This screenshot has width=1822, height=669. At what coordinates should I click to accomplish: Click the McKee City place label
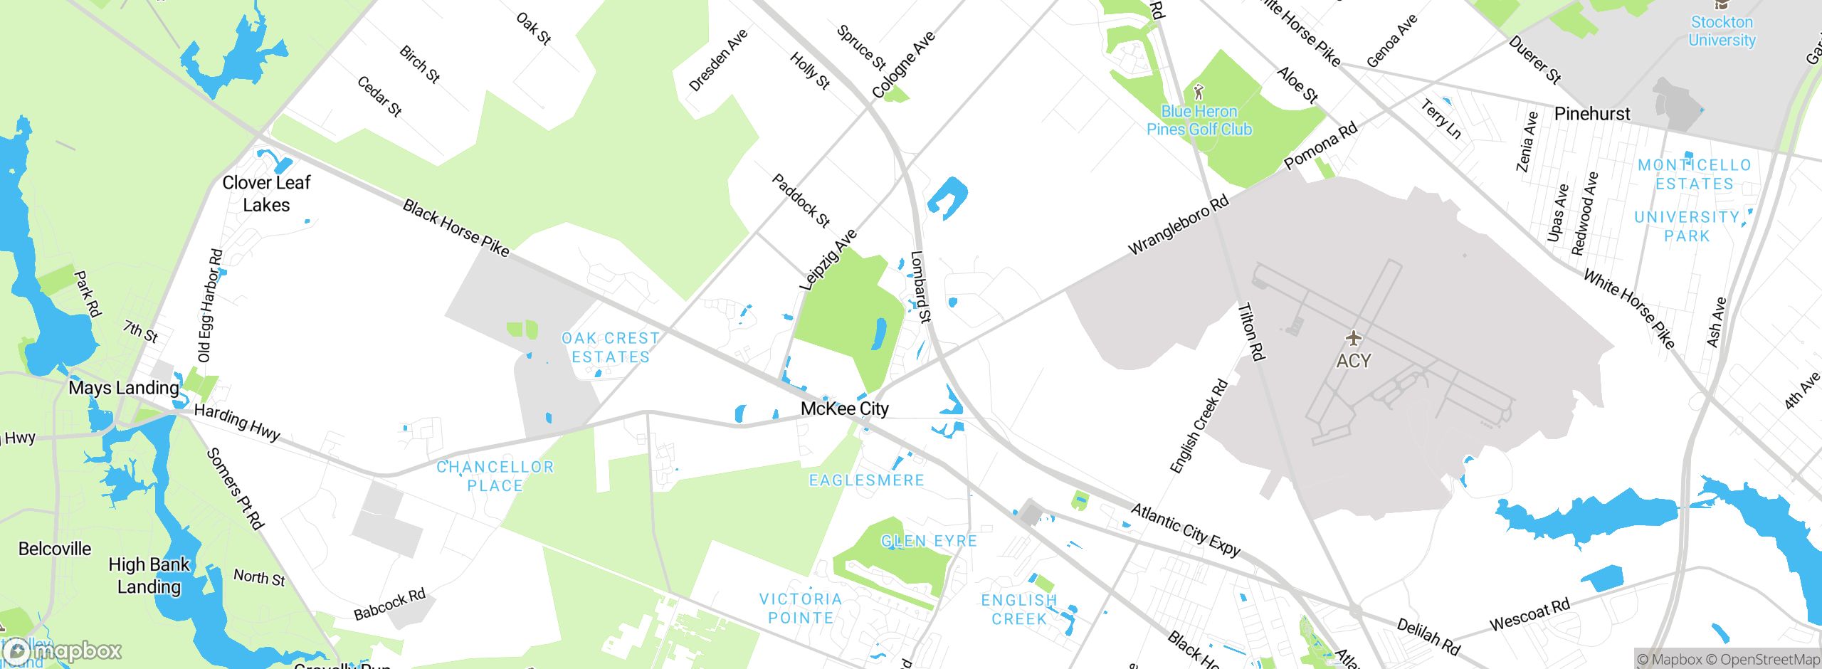845,409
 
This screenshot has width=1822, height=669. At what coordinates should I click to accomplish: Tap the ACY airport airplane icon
1353,338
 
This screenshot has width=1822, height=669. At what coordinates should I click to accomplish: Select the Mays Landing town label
124,388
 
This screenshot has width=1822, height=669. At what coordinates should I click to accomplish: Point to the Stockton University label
1722,31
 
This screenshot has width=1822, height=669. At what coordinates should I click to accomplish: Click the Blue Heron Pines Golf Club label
1199,120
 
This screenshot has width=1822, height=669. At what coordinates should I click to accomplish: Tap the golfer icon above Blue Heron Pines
1199,92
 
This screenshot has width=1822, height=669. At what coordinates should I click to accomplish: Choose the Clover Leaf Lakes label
266,194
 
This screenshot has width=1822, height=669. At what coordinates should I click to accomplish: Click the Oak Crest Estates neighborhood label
611,347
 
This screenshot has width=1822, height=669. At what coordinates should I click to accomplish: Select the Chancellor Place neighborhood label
495,476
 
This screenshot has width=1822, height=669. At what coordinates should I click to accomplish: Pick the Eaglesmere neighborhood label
867,480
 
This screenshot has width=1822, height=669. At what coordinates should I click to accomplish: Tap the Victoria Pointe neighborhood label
801,609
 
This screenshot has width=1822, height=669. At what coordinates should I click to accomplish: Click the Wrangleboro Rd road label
1179,225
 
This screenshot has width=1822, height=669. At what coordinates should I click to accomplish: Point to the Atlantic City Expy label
1186,530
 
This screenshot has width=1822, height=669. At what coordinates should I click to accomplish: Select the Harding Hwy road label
237,421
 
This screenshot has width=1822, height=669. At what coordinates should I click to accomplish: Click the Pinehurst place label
1592,114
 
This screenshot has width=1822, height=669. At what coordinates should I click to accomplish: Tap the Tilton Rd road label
1250,332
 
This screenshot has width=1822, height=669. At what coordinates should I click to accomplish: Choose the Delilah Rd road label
1428,636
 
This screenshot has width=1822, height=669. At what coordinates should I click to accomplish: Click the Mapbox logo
63,650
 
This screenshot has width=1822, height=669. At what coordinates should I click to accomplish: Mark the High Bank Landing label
149,575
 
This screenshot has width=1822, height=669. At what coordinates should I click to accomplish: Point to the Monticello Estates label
1694,174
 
